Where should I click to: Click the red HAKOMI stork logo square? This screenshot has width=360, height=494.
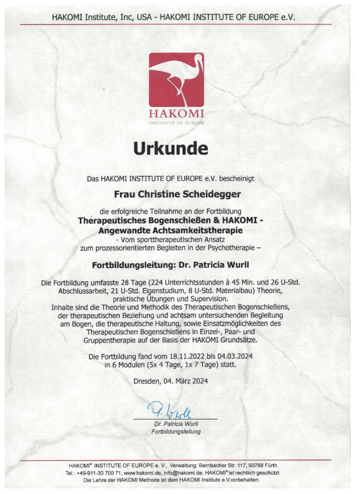click(176, 80)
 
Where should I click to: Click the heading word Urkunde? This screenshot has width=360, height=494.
click(170, 148)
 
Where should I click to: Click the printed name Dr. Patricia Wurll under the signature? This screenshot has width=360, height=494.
click(176, 424)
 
